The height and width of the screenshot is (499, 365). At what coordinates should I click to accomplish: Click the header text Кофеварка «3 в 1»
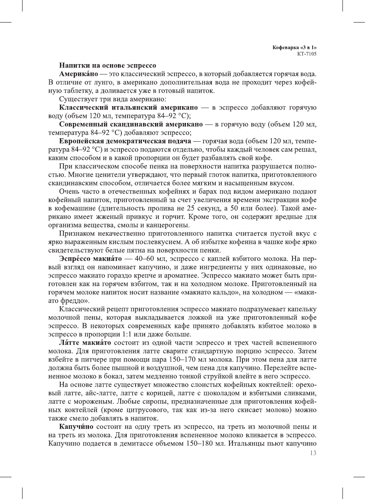pyautogui.click(x=294, y=48)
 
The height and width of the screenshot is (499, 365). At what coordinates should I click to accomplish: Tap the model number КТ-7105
pyautogui.click(x=307, y=54)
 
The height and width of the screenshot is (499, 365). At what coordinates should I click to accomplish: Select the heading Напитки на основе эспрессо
pyautogui.click(x=107, y=66)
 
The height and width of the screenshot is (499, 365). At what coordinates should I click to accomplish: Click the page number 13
pyautogui.click(x=313, y=453)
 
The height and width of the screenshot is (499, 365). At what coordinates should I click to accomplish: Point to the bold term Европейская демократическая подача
pyautogui.click(x=125, y=141)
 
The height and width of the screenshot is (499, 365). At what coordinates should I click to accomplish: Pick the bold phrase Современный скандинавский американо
pyautogui.click(x=131, y=124)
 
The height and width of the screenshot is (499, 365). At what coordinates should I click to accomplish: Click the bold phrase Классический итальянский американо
pyautogui.click(x=128, y=108)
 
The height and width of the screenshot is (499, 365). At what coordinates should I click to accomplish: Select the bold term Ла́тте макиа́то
pyautogui.click(x=85, y=343)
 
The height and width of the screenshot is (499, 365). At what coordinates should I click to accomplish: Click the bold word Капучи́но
pyautogui.click(x=76, y=427)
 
